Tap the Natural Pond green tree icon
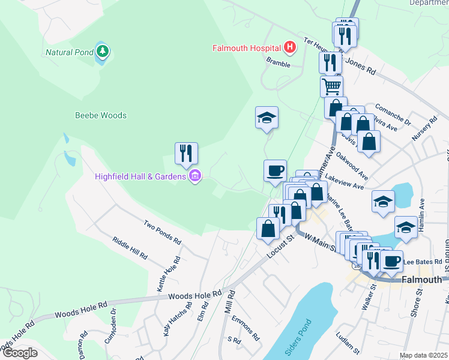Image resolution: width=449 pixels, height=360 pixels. (x=103, y=52)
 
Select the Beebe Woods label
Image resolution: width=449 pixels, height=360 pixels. (x=100, y=115)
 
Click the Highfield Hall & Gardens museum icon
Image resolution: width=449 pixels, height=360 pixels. (x=194, y=176)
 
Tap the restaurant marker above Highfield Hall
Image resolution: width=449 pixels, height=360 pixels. (x=186, y=154)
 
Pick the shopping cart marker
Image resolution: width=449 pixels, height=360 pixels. (x=331, y=86)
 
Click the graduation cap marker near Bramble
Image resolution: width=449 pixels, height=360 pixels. (x=267, y=118)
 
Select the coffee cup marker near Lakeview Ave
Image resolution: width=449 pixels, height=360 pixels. (x=275, y=171)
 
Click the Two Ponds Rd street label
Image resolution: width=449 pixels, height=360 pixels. (x=162, y=232)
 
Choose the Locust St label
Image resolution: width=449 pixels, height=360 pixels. (x=280, y=247)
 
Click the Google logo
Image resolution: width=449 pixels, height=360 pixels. (x=20, y=353)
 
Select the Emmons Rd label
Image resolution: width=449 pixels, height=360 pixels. (x=244, y=328)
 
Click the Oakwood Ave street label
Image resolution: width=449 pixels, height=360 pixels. (x=352, y=164)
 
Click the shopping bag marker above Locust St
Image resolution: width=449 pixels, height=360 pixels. (x=268, y=229)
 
